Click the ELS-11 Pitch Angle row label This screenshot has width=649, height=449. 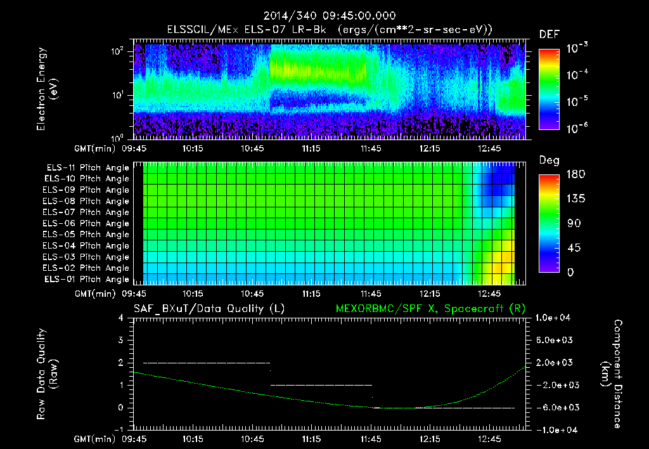(x=87, y=167)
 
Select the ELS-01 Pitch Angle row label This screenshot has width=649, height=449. (x=87, y=279)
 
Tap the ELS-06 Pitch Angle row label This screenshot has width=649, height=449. (x=87, y=223)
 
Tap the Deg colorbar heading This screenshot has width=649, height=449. (x=549, y=160)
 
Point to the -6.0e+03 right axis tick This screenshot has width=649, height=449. (x=556, y=408)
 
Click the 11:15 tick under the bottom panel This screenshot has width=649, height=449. (x=311, y=438)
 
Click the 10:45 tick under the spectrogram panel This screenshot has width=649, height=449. (x=252, y=148)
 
